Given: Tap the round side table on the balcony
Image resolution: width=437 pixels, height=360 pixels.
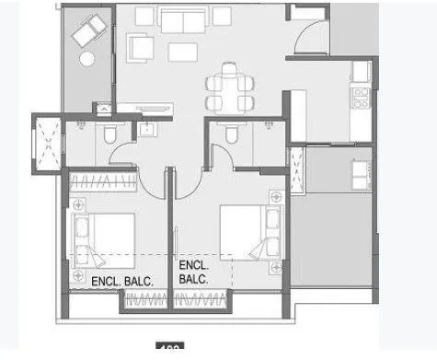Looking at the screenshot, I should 88,58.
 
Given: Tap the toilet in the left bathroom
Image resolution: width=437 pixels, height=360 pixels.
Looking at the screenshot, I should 109,136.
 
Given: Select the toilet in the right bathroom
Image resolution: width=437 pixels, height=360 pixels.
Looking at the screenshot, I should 230,136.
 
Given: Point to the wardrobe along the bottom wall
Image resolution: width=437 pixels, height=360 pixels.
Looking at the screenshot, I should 178,300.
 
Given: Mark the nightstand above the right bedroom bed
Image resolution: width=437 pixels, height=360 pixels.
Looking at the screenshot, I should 273,199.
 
